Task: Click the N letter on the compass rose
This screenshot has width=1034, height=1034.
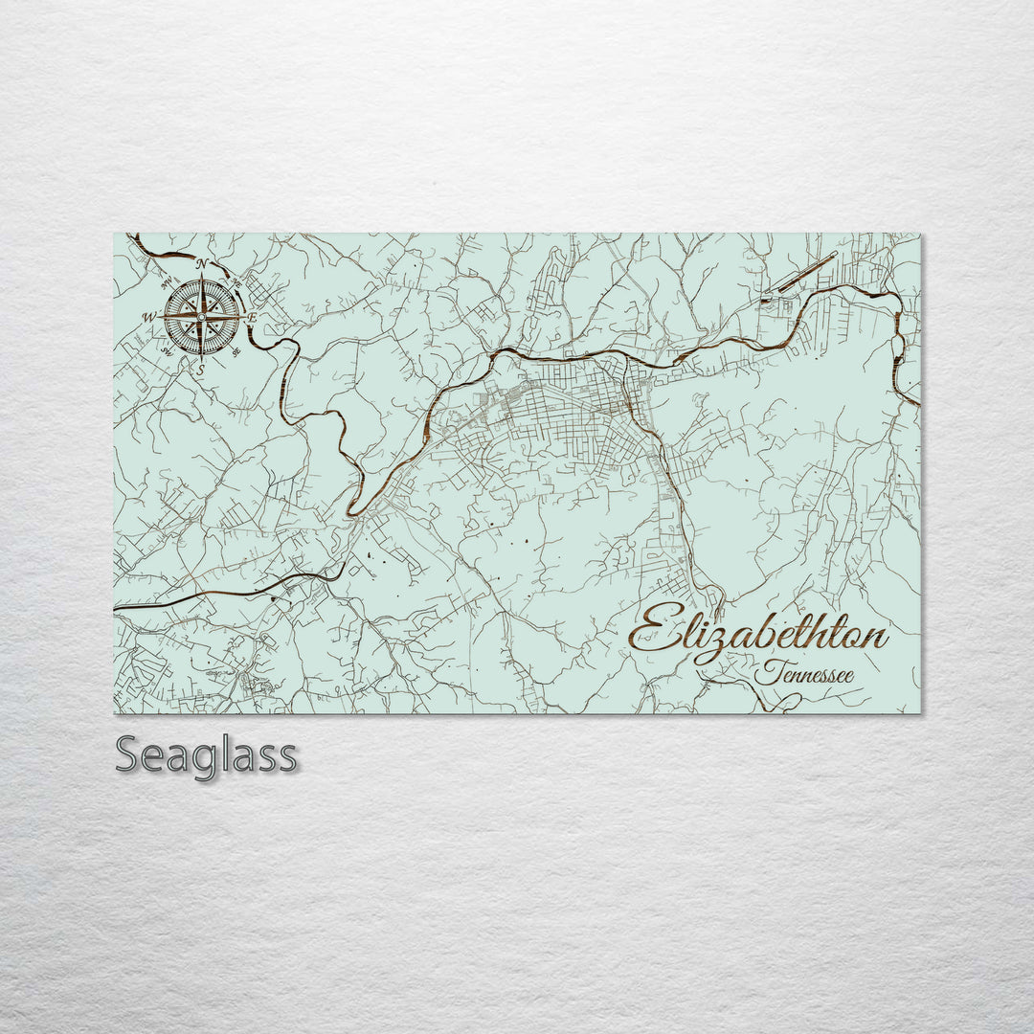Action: point(201,264)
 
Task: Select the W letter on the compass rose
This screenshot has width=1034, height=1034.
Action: point(148,317)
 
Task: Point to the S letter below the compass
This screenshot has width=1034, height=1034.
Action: point(201,369)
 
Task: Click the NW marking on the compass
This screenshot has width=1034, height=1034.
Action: point(167,281)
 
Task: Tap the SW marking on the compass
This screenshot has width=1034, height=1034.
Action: point(167,351)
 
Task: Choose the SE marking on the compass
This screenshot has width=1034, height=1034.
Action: point(236,351)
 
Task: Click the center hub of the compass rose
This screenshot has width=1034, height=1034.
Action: point(201,316)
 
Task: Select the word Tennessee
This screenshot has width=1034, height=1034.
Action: point(804,674)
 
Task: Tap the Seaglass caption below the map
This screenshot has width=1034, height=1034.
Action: point(206,755)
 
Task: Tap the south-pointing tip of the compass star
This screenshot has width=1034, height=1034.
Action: point(201,358)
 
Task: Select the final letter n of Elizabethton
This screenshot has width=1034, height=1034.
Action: point(875,638)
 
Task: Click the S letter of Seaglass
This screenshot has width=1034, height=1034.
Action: point(128,755)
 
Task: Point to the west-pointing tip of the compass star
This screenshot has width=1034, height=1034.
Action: point(159,317)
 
